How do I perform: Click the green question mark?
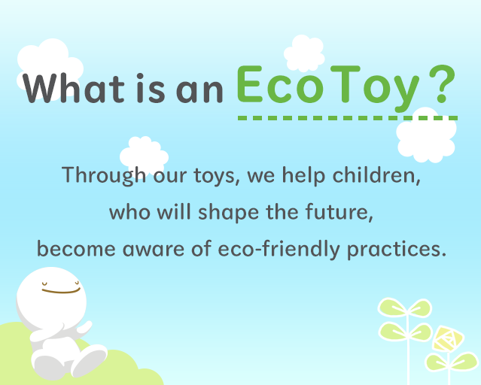441,86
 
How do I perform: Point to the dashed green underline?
347,118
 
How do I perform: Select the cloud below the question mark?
425,135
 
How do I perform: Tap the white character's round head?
53,294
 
